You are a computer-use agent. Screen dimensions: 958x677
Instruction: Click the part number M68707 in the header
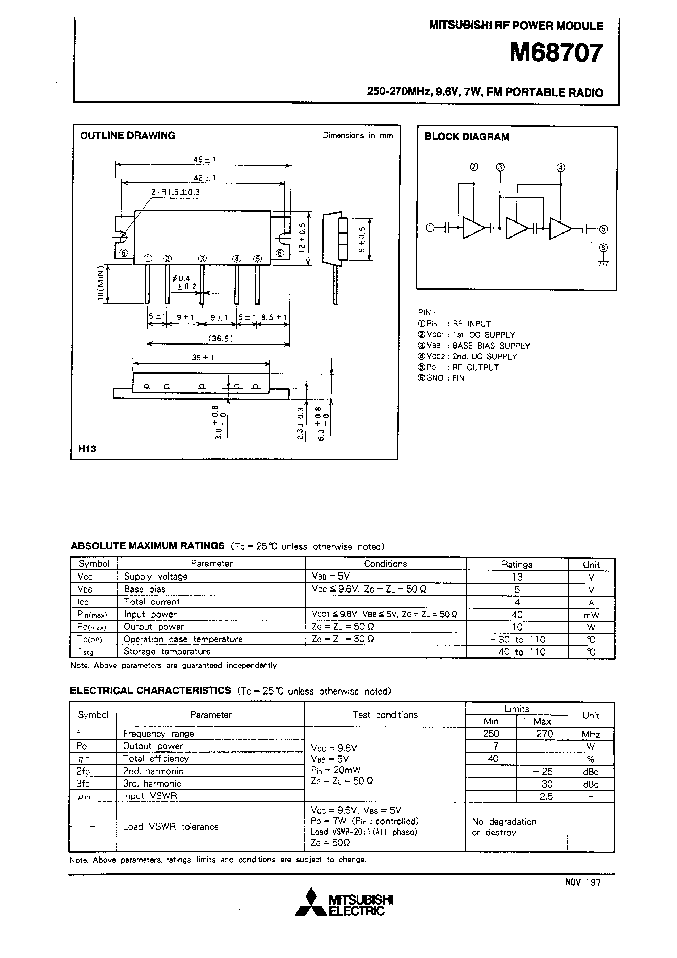(x=556, y=53)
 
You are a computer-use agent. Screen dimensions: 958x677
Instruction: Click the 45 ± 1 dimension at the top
(x=204, y=159)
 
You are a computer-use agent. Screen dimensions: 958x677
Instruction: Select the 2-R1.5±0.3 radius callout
(x=175, y=192)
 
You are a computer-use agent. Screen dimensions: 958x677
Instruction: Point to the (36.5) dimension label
(x=221, y=338)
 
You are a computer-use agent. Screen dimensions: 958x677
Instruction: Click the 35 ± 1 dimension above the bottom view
(x=203, y=357)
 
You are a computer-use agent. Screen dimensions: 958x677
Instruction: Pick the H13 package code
(x=87, y=449)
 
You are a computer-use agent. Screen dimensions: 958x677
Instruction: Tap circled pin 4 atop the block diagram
(x=561, y=168)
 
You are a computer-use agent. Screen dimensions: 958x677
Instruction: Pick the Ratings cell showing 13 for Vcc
(x=517, y=577)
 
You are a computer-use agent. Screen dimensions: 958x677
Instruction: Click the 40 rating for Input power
(x=517, y=615)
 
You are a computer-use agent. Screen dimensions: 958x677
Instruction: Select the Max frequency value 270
(x=544, y=734)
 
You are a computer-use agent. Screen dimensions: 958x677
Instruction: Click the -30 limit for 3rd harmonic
(x=543, y=784)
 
